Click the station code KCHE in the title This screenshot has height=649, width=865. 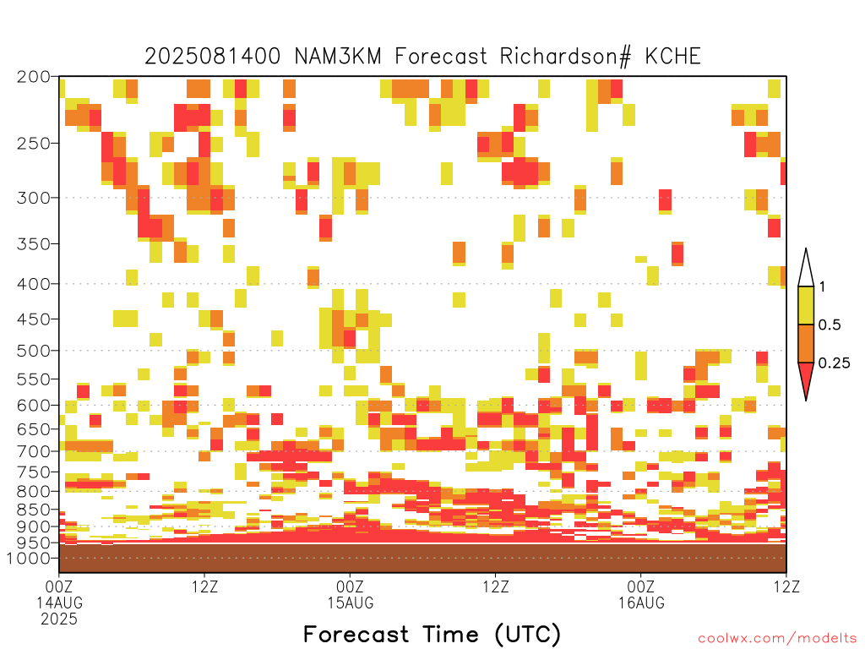(x=672, y=57)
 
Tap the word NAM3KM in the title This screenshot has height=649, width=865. (x=338, y=57)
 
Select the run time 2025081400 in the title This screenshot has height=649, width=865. (x=212, y=57)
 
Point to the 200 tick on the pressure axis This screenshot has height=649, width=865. (x=33, y=77)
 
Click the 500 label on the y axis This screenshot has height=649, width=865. (x=33, y=351)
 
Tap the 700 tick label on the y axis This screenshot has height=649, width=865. (x=33, y=451)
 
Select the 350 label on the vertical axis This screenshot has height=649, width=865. (x=33, y=243)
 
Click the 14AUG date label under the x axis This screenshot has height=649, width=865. (x=60, y=603)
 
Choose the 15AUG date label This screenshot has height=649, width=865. (x=351, y=603)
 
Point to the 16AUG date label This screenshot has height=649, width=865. (x=641, y=603)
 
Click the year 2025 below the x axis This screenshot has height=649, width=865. (x=59, y=619)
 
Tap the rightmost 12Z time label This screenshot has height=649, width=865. (x=786, y=586)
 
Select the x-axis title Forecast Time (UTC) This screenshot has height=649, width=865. (x=432, y=635)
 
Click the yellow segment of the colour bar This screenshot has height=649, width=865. (x=806, y=305)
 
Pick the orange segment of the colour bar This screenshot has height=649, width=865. (x=806, y=343)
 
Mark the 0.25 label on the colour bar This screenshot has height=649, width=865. (x=834, y=363)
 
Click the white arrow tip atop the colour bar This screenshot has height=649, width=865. (x=806, y=249)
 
